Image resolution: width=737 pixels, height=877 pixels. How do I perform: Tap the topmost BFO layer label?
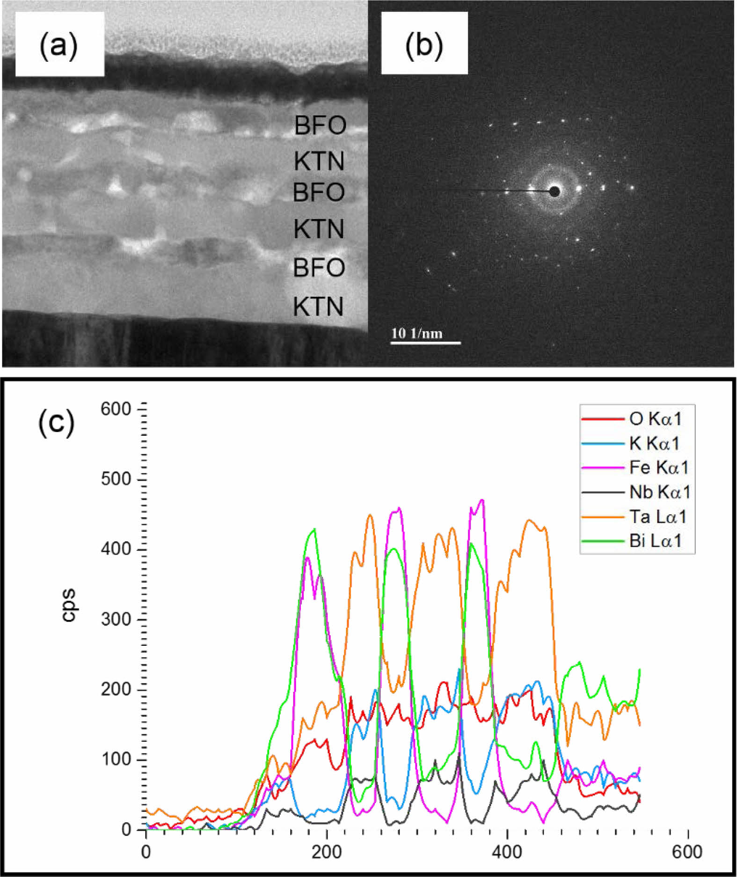pos(320,125)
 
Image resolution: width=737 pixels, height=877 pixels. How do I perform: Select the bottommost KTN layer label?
pos(318,307)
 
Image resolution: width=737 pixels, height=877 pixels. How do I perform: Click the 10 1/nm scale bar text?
pos(416,333)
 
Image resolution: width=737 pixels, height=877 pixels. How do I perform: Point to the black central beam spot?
pos(555,191)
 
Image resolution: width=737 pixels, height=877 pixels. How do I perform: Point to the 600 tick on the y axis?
pos(116,409)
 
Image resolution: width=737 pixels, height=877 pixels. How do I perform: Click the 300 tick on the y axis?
pos(116,620)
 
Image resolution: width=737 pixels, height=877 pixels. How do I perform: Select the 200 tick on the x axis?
pos(327,852)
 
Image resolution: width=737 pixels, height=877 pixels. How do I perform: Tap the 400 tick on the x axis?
pos(507,852)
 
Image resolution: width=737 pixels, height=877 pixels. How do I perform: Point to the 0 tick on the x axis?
pos(146,852)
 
